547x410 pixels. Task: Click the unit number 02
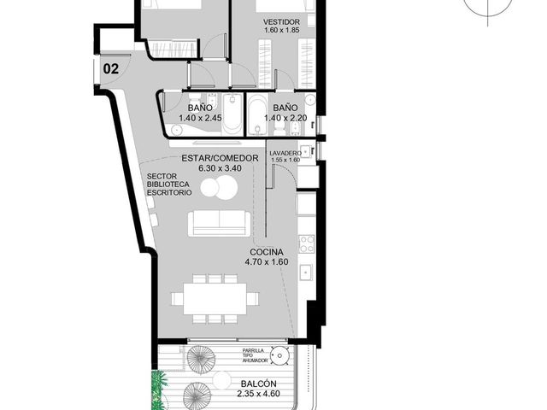[111, 68]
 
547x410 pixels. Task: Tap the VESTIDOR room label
[281, 22]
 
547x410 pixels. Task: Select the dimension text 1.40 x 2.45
[200, 118]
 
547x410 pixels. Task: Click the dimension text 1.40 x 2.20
[285, 118]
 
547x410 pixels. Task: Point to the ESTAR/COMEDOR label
[221, 158]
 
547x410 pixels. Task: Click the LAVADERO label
[285, 154]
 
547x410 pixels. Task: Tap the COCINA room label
[267, 252]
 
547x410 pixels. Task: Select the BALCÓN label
[258, 384]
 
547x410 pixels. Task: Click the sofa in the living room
[220, 224]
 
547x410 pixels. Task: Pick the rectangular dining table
[215, 299]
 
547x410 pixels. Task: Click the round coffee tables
[219, 188]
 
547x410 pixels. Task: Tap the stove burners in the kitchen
[307, 244]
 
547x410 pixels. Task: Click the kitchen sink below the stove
[307, 272]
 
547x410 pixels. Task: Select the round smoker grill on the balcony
[280, 355]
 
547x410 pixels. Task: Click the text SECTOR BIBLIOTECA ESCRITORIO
[169, 184]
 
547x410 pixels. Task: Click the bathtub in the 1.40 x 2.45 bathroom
[232, 114]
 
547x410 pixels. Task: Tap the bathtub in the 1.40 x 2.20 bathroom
[257, 114]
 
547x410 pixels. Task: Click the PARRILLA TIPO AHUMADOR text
[256, 355]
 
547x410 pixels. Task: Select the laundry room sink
[306, 152]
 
